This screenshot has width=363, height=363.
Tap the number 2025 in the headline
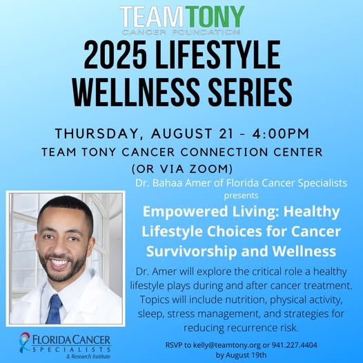coord(115,55)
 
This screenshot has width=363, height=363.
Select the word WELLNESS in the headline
coord(136,92)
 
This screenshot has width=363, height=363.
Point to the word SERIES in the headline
coord(250,92)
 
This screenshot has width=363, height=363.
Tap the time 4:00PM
coord(281,134)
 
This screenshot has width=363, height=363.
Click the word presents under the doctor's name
coord(241,195)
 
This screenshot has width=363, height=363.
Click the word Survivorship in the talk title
coord(192,252)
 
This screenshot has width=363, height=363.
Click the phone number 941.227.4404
coord(294,345)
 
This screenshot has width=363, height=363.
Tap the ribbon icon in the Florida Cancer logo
coord(25,342)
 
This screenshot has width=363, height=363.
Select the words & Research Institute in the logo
coord(88,356)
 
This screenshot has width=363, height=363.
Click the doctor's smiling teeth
coord(59,262)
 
